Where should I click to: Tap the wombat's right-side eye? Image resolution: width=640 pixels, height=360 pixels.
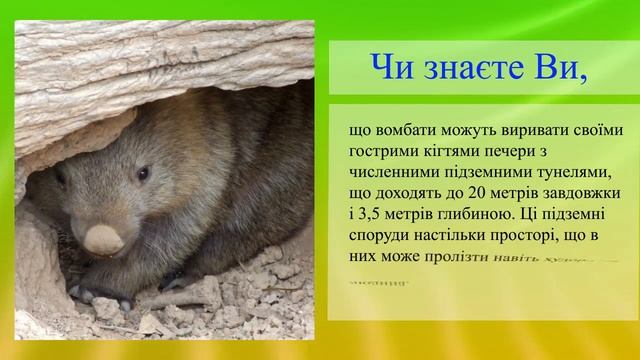(143, 173)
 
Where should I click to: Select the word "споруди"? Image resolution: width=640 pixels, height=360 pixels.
(381, 234)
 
